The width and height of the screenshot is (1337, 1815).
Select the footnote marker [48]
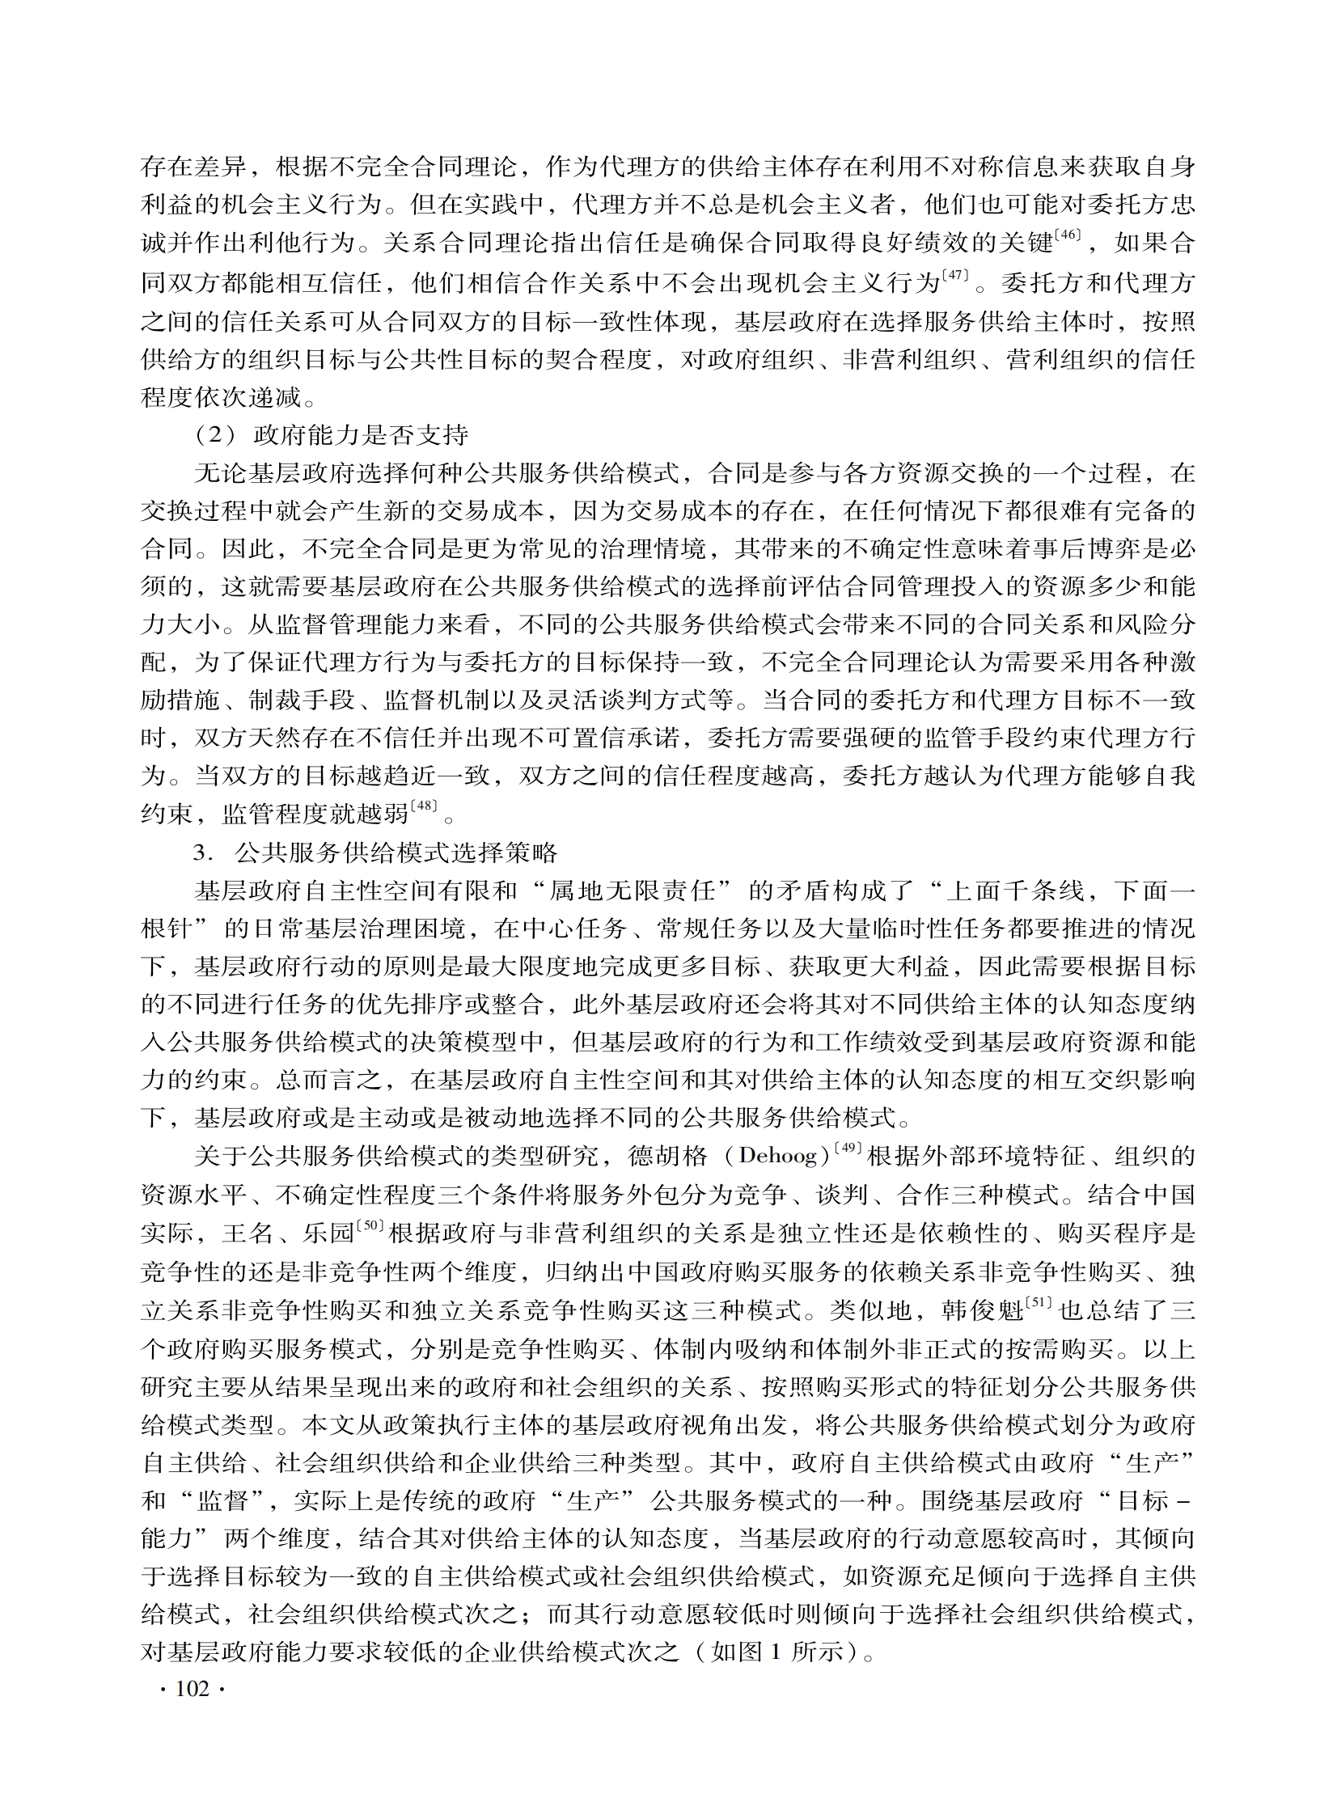[424, 805]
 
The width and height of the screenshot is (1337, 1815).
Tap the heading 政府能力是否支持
[361, 435]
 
